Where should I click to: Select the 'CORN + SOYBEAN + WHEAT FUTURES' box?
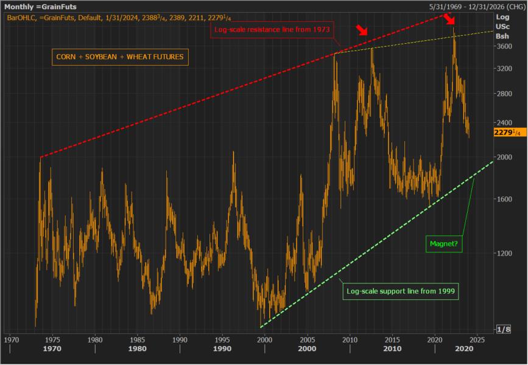coord(119,57)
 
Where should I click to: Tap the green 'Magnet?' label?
coord(443,245)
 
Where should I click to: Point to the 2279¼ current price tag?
coord(507,132)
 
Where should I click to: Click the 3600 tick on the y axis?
coord(503,46)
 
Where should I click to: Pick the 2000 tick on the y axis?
coord(503,156)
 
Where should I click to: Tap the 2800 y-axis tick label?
coord(503,94)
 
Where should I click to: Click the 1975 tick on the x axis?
coord(52,339)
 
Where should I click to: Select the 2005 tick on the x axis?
coord(308,339)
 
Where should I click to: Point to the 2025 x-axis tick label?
coord(477,339)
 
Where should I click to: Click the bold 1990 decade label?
coord(223,349)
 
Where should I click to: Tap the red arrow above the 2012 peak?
coord(362,31)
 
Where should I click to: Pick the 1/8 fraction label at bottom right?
coord(504,329)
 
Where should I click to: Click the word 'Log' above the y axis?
coord(502,17)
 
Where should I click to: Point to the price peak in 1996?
coord(233,152)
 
